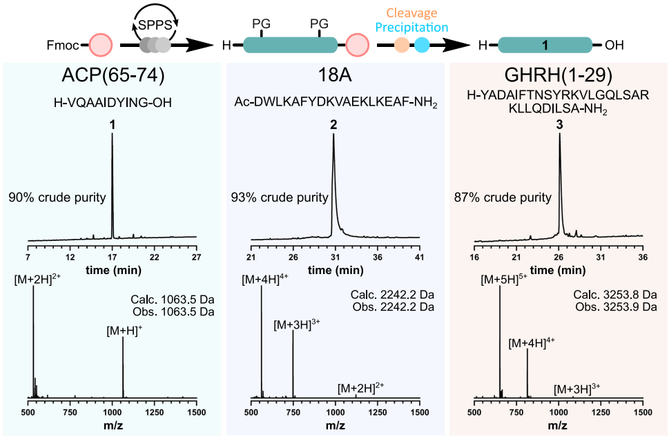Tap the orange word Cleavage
click(411, 12)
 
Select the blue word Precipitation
click(411, 28)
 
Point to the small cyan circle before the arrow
click(422, 46)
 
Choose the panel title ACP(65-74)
click(113, 77)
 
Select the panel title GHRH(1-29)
click(559, 77)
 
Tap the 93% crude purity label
click(280, 197)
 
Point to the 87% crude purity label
click(503, 197)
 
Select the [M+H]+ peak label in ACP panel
click(124, 331)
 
